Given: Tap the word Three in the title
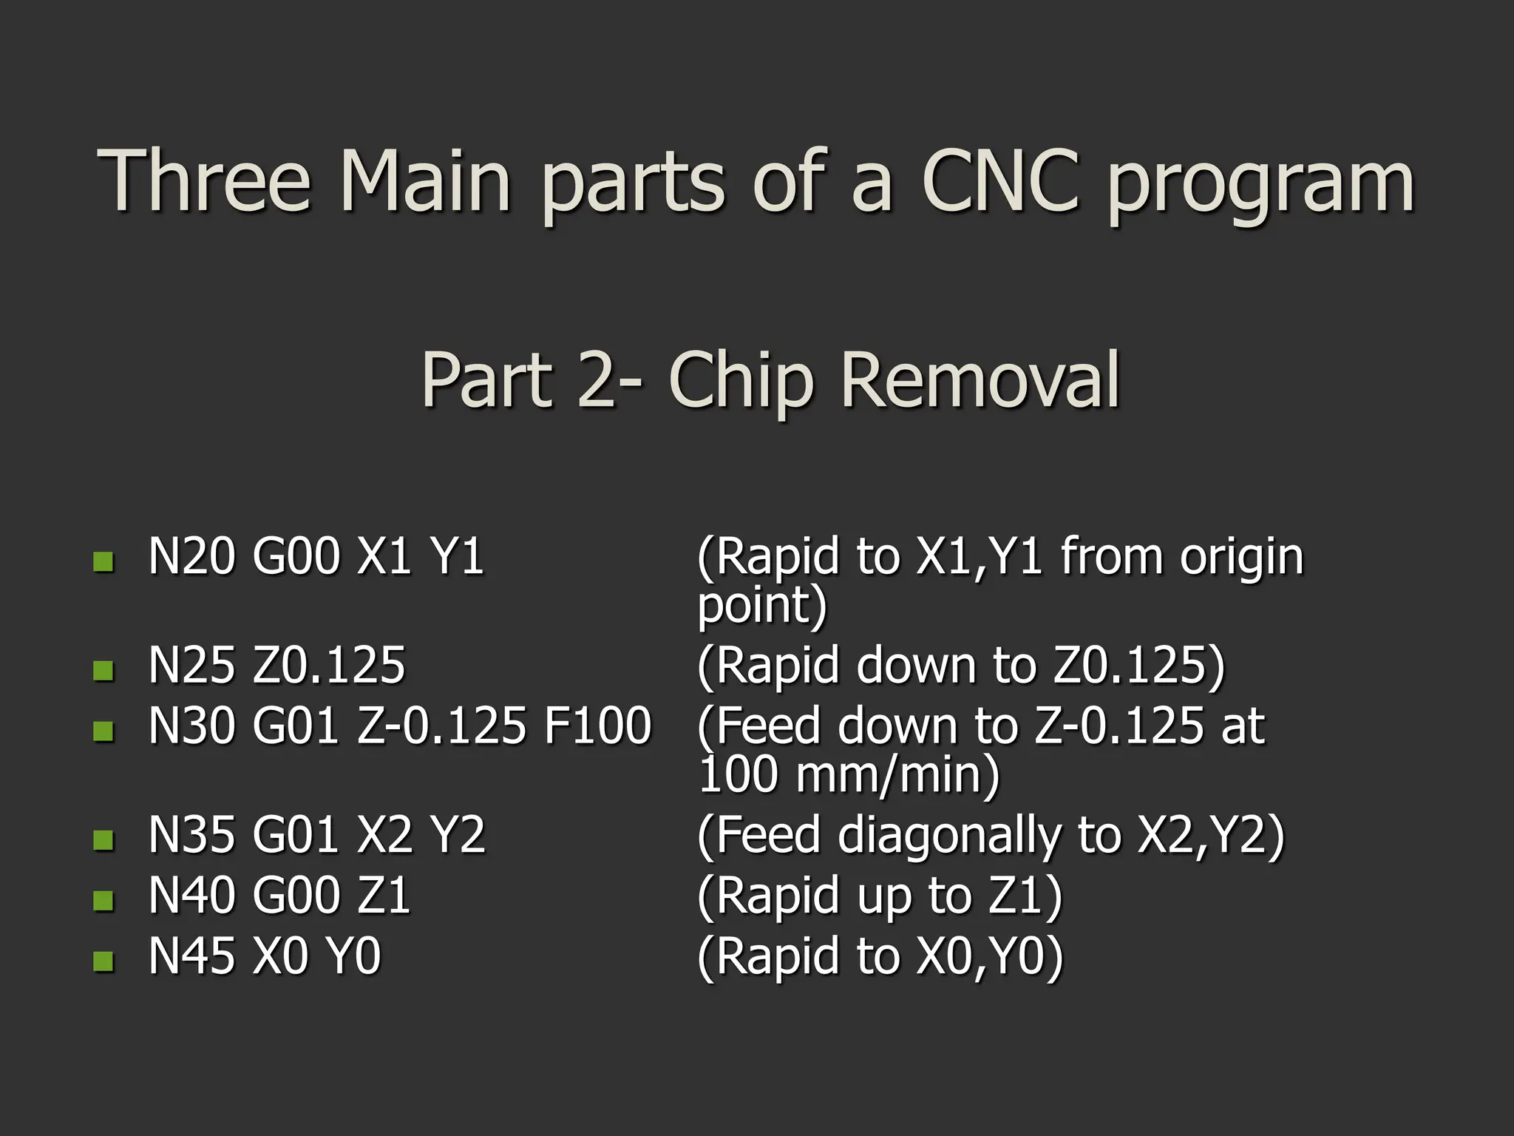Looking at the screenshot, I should pos(203,181).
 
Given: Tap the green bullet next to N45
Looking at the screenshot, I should pos(103,961).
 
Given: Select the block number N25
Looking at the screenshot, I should pos(191,664).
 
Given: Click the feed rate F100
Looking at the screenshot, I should pos(597,726).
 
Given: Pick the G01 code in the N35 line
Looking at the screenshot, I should pos(295,835).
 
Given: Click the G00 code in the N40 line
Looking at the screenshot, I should pos(295,895).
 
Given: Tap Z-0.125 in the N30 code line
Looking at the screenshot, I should pos(441,726).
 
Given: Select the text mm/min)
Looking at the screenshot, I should pos(897,775).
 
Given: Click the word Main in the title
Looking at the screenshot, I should pos(425,181).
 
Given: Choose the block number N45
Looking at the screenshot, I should pos(191,956).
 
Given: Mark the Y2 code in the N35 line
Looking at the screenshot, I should pos(458,835).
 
